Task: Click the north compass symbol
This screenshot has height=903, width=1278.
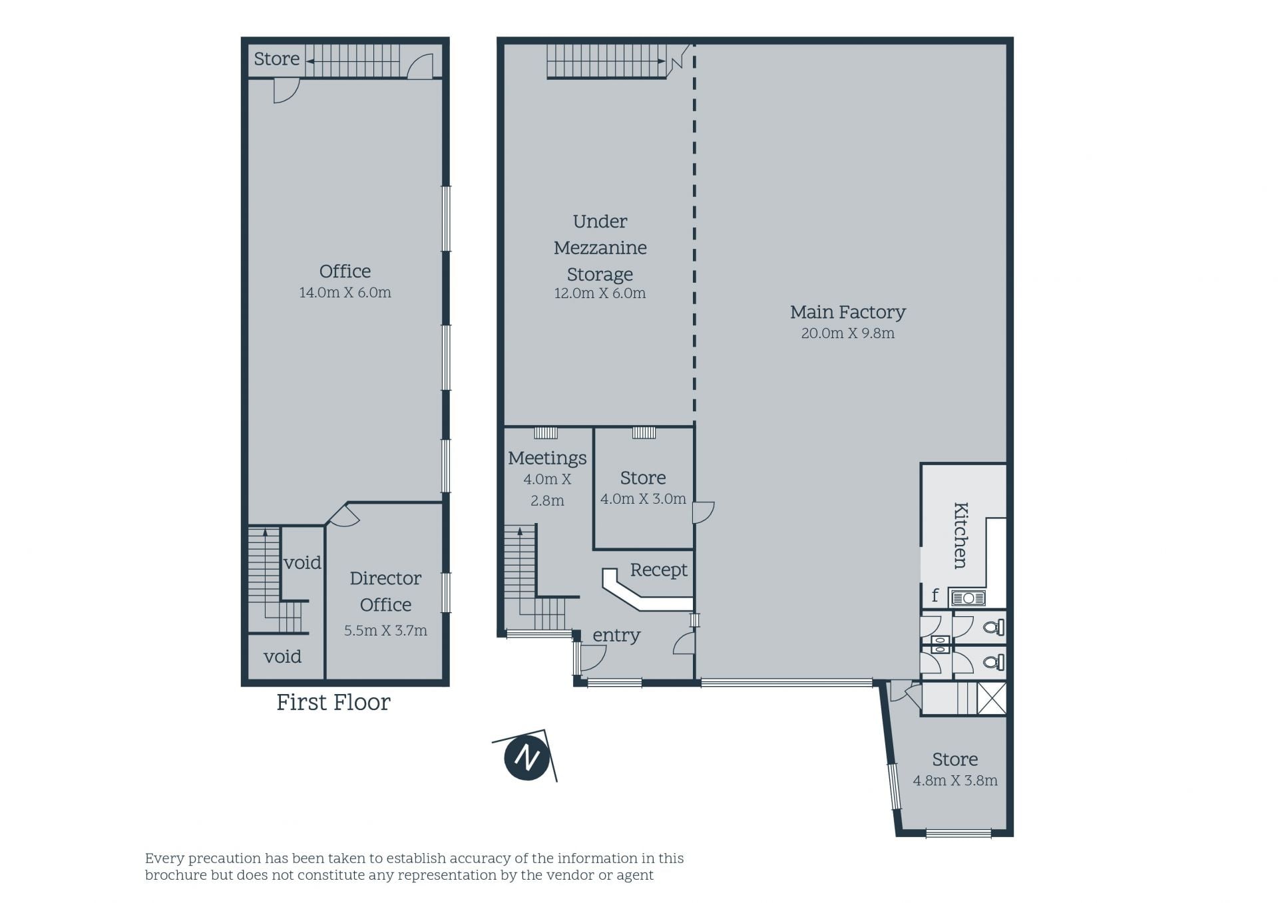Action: (x=527, y=757)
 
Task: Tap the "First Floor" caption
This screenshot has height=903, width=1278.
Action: (x=333, y=702)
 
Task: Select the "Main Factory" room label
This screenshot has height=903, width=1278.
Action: (x=847, y=311)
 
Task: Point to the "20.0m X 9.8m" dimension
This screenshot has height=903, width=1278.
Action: (x=847, y=333)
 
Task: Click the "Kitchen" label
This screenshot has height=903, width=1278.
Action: (x=960, y=535)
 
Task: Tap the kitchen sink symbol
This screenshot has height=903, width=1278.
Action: (x=968, y=598)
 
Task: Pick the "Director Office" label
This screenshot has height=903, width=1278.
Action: (x=385, y=592)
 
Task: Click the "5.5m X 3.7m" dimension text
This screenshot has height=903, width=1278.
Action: (x=385, y=630)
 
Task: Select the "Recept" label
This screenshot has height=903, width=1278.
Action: (x=658, y=570)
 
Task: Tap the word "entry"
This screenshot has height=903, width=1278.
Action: (x=616, y=635)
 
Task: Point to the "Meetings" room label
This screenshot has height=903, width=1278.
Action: (x=547, y=458)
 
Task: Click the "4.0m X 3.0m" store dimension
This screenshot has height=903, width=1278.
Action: (x=643, y=499)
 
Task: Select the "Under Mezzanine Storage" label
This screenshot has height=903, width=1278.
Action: (x=600, y=248)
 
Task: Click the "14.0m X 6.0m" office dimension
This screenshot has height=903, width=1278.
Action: (x=345, y=292)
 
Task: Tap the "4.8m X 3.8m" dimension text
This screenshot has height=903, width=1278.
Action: (x=955, y=781)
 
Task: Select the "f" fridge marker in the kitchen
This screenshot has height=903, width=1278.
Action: (x=935, y=596)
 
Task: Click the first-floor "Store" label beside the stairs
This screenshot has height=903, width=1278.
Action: (x=277, y=59)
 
